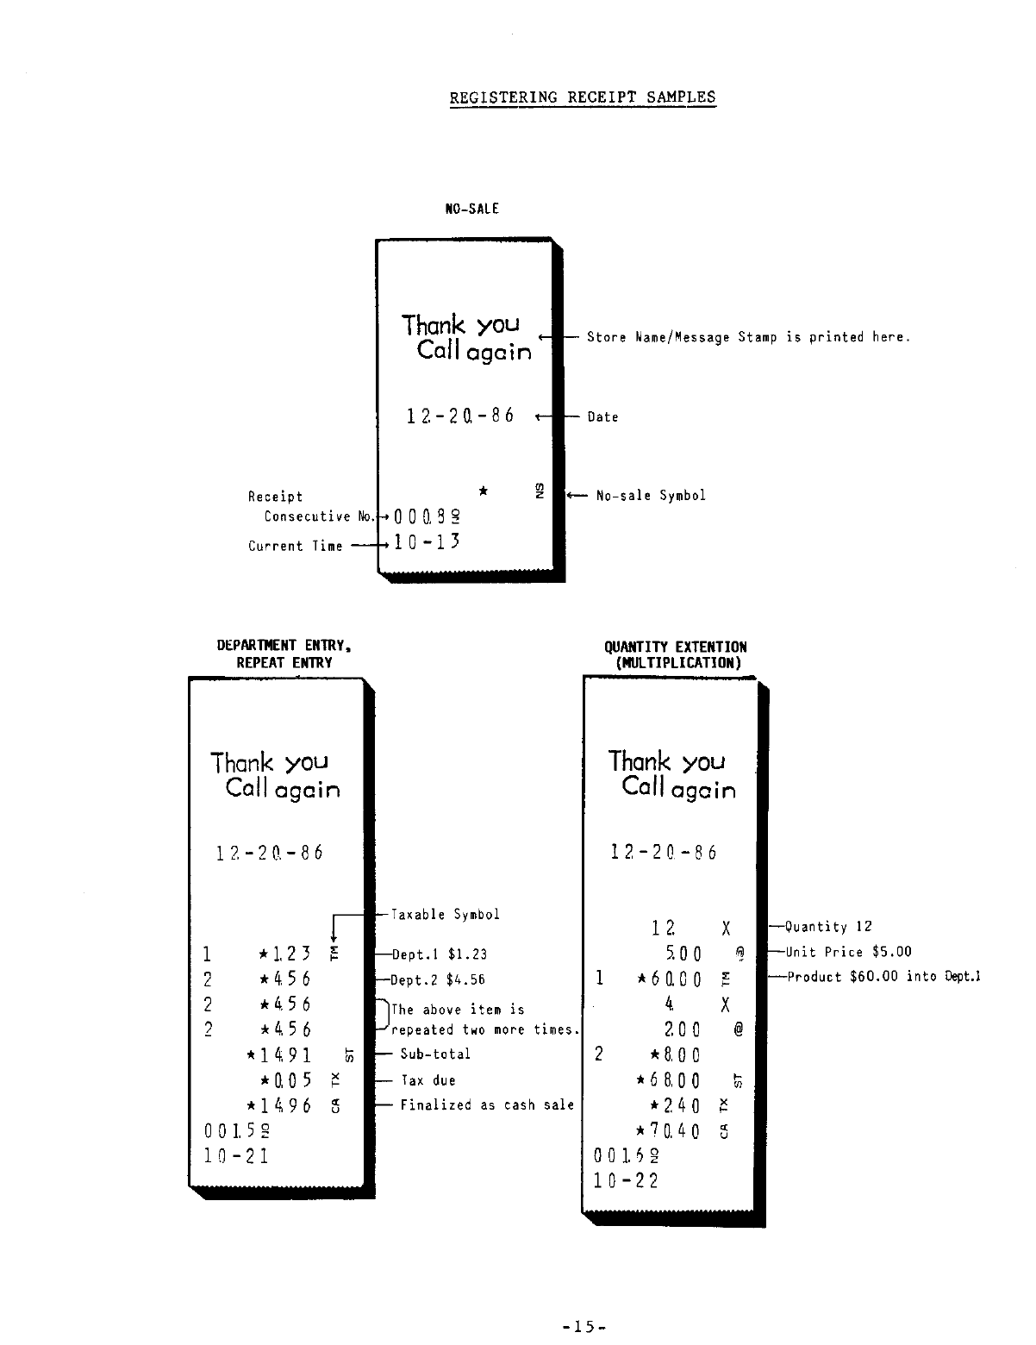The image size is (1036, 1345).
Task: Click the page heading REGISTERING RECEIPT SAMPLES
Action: coord(583,97)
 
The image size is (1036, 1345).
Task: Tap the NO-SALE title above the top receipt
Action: coord(471,209)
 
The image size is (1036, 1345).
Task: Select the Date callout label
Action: coord(602,417)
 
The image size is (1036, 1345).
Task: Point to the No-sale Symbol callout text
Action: coord(651,496)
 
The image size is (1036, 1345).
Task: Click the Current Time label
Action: coord(295,547)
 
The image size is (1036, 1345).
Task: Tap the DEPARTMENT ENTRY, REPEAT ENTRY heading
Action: coord(284,654)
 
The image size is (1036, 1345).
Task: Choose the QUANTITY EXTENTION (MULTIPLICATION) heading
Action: coord(676,655)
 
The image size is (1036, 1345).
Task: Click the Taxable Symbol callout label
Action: coord(445,915)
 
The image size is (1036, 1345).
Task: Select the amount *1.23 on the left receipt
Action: coord(284,954)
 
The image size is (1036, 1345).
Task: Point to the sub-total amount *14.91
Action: coord(278,1055)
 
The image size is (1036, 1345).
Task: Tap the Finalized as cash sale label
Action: coord(487,1105)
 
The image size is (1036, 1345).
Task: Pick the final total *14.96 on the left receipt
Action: coord(278,1105)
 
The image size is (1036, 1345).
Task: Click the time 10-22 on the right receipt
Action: coord(626,1180)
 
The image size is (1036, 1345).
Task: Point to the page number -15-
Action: coord(584,1327)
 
